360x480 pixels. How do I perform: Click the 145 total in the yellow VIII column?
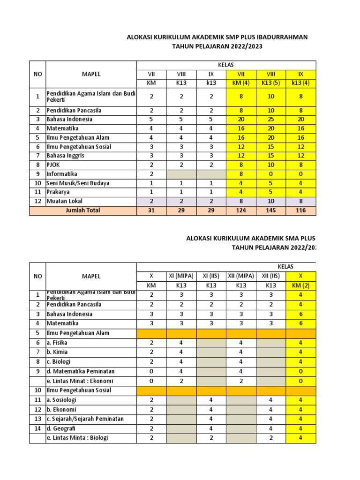point(271,210)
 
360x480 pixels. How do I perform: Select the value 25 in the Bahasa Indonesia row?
point(271,119)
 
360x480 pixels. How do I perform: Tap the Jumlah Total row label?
point(82,210)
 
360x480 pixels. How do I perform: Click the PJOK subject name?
point(53,165)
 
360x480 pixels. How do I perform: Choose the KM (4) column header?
point(241,83)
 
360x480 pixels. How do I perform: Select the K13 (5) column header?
point(271,83)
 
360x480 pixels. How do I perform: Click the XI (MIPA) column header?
point(181,276)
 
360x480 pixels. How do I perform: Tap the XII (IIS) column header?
point(271,276)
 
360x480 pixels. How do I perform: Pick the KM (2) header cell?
point(301,285)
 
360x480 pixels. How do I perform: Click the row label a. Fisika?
point(57,343)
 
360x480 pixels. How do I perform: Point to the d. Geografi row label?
point(61,428)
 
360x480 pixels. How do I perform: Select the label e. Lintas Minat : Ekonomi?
point(79,381)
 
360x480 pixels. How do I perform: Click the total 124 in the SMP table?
point(241,210)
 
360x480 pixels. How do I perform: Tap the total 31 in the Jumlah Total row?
point(151,210)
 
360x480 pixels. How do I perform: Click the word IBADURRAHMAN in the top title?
point(282,37)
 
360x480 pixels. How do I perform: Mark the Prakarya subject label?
point(58,192)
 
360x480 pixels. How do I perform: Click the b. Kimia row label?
point(57,352)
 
